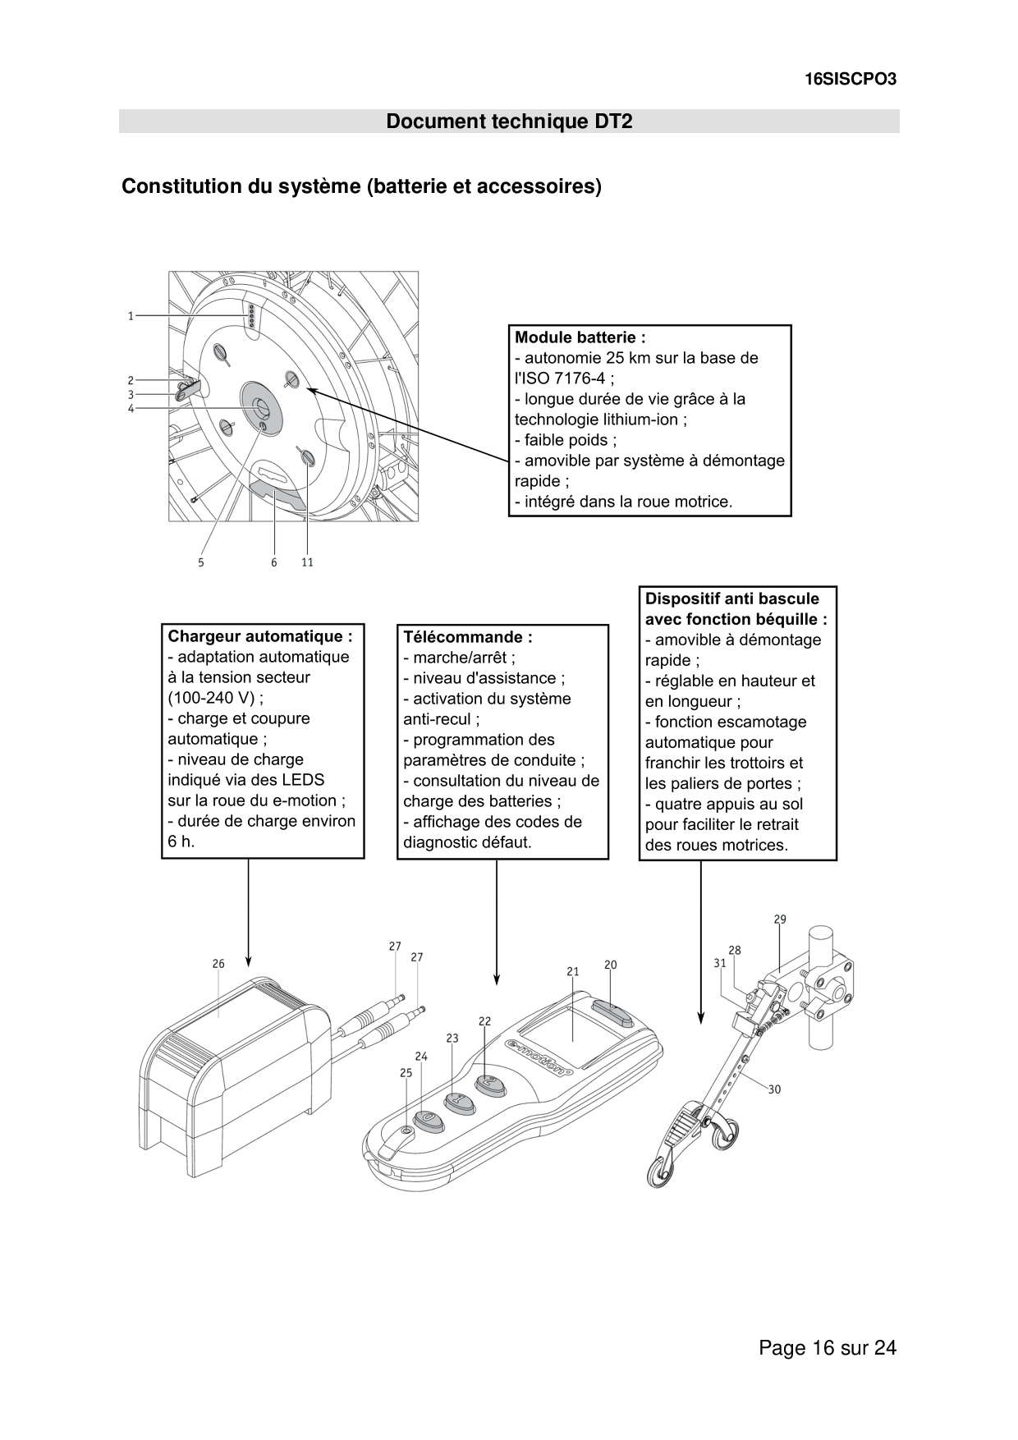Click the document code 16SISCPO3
point(850,80)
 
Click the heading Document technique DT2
point(509,122)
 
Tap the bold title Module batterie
point(580,337)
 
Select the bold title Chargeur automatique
point(260,636)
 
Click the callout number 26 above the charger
point(218,964)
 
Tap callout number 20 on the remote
point(610,965)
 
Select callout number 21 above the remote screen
point(573,971)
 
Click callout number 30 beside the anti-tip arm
point(774,1089)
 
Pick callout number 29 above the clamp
point(780,919)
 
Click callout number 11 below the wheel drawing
point(307,562)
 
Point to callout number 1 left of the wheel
point(131,315)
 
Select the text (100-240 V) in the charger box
point(212,698)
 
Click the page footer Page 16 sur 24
point(828,1347)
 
